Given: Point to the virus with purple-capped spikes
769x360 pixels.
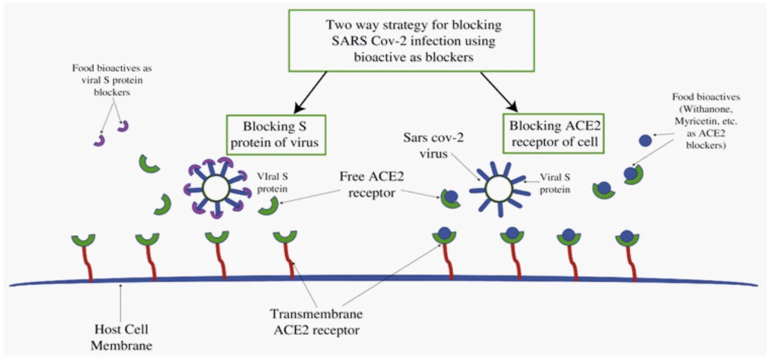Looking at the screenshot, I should tap(216, 189).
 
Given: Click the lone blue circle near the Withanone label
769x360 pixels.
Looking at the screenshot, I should tap(644, 141).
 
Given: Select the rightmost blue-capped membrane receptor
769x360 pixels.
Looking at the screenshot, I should tap(627, 237).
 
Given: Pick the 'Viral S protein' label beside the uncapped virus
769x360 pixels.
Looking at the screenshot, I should tap(555, 183).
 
